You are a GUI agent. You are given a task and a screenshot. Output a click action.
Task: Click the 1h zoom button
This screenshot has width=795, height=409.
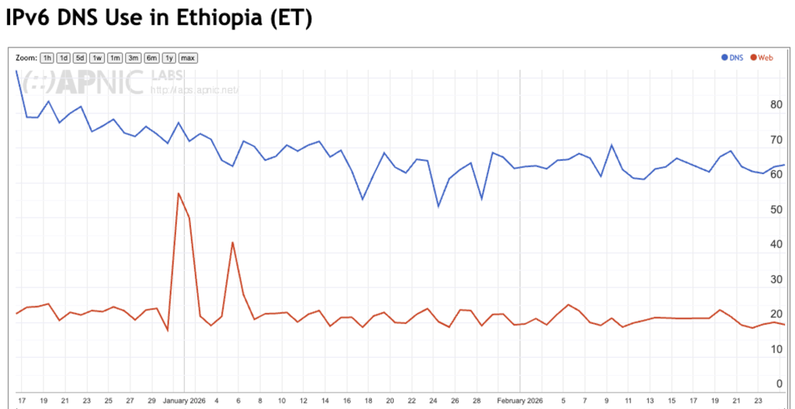[47, 58]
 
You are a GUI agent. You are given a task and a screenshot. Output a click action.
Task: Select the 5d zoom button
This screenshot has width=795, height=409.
[80, 58]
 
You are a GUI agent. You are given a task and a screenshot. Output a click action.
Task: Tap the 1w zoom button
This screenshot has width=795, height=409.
[97, 58]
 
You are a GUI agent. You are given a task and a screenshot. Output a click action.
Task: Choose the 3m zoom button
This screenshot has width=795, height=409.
[134, 58]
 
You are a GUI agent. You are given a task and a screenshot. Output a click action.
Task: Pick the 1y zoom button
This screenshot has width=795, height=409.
[168, 58]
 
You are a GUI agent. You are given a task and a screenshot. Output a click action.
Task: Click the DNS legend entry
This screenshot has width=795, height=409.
[733, 58]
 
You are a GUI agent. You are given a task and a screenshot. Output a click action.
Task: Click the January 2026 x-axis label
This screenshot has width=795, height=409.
[185, 401]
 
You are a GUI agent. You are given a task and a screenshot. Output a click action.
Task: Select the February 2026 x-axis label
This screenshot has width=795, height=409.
[519, 401]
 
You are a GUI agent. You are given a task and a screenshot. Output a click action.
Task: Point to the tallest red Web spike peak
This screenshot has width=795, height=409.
[179, 194]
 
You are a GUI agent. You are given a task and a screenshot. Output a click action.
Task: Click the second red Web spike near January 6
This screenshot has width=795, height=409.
[232, 243]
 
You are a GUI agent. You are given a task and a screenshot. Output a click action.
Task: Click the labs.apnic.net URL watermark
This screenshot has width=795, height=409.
[194, 89]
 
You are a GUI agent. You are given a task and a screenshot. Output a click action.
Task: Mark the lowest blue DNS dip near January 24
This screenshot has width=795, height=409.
[439, 206]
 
